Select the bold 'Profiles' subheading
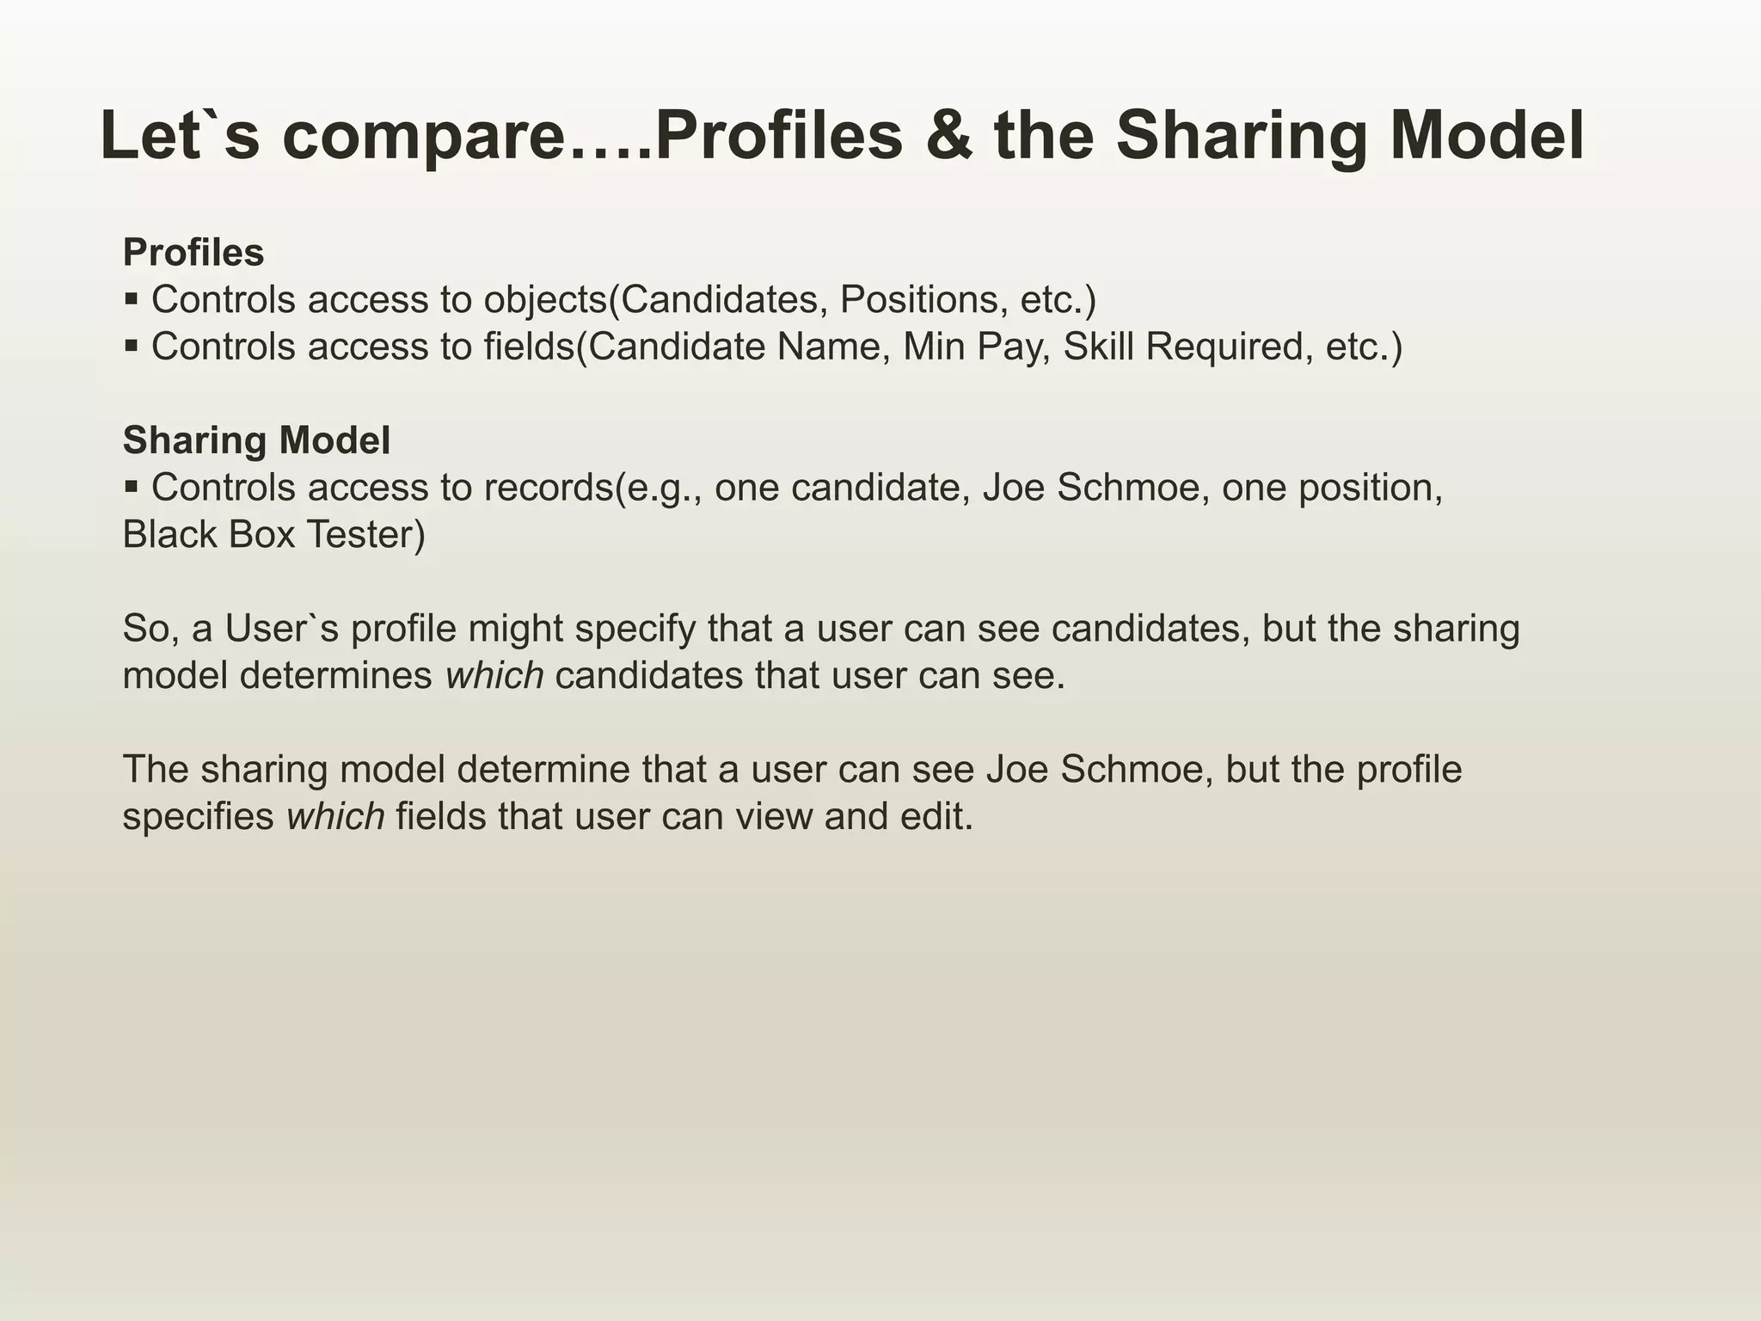tap(193, 253)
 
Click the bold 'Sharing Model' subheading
tap(256, 440)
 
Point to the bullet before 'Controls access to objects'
tap(132, 300)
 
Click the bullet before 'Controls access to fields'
tap(132, 347)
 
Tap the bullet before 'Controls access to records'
tap(132, 488)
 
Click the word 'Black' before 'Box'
tap(169, 535)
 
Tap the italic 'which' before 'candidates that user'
tap(494, 676)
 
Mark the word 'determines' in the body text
tap(336, 676)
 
